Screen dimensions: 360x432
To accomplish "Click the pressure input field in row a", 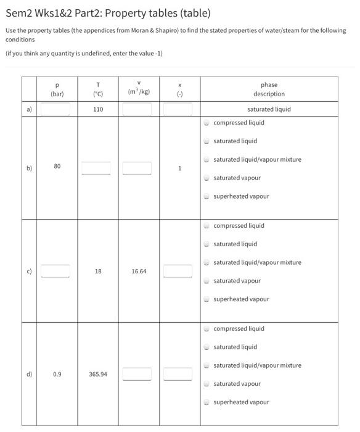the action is pyautogui.click(x=55, y=109).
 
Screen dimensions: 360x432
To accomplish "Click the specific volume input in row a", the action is pyautogui.click(x=137, y=109).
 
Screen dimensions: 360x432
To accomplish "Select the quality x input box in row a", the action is pyautogui.click(x=179, y=109).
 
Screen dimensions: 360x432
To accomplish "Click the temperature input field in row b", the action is pyautogui.click(x=96, y=168).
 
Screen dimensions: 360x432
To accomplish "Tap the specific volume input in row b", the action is pyautogui.click(x=137, y=168).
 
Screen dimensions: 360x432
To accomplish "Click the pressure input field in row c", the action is pyautogui.click(x=55, y=271).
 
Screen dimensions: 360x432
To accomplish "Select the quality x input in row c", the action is pyautogui.click(x=179, y=271).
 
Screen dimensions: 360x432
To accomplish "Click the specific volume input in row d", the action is pyautogui.click(x=137, y=374).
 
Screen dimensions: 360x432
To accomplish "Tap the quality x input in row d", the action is pyautogui.click(x=179, y=374).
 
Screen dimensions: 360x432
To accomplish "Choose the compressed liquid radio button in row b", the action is pyautogui.click(x=207, y=123).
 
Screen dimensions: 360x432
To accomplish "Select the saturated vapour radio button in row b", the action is pyautogui.click(x=207, y=178).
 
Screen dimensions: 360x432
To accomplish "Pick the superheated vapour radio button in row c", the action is pyautogui.click(x=207, y=299).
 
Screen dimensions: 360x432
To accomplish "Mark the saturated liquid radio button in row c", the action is pyautogui.click(x=207, y=244).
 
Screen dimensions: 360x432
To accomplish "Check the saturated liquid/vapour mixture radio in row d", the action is pyautogui.click(x=207, y=366).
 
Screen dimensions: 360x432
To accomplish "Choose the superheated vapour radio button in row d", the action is pyautogui.click(x=207, y=402).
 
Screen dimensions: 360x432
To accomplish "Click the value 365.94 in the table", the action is pyautogui.click(x=97, y=374).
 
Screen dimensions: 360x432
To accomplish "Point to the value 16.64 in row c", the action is pyautogui.click(x=138, y=271).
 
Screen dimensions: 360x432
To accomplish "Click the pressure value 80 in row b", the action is pyautogui.click(x=57, y=167).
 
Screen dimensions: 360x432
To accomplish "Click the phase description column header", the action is pyautogui.click(x=269, y=89).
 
